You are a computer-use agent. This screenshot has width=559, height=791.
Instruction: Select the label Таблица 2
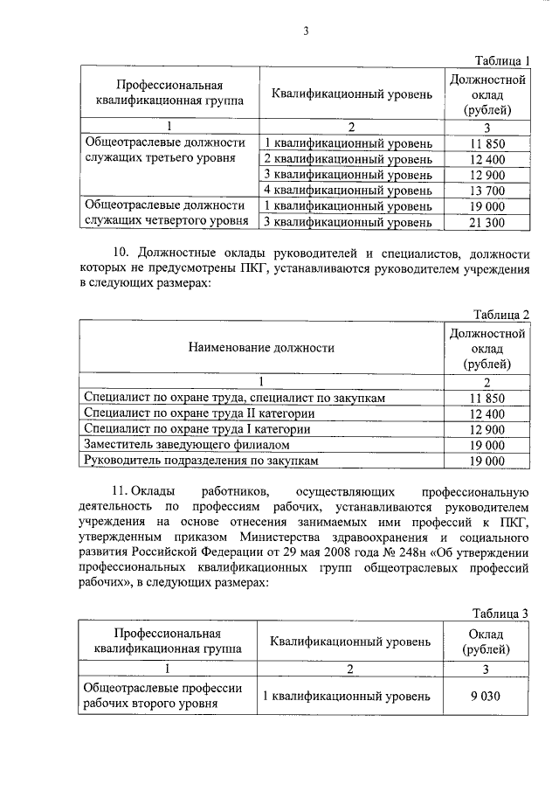coord(501,315)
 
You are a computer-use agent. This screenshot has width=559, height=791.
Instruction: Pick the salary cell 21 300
coord(487,223)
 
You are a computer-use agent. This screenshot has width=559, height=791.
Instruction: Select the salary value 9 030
coord(487,697)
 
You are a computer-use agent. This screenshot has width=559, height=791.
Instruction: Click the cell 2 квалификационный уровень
coord(349,159)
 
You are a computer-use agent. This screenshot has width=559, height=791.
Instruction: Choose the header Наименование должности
coord(261,348)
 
